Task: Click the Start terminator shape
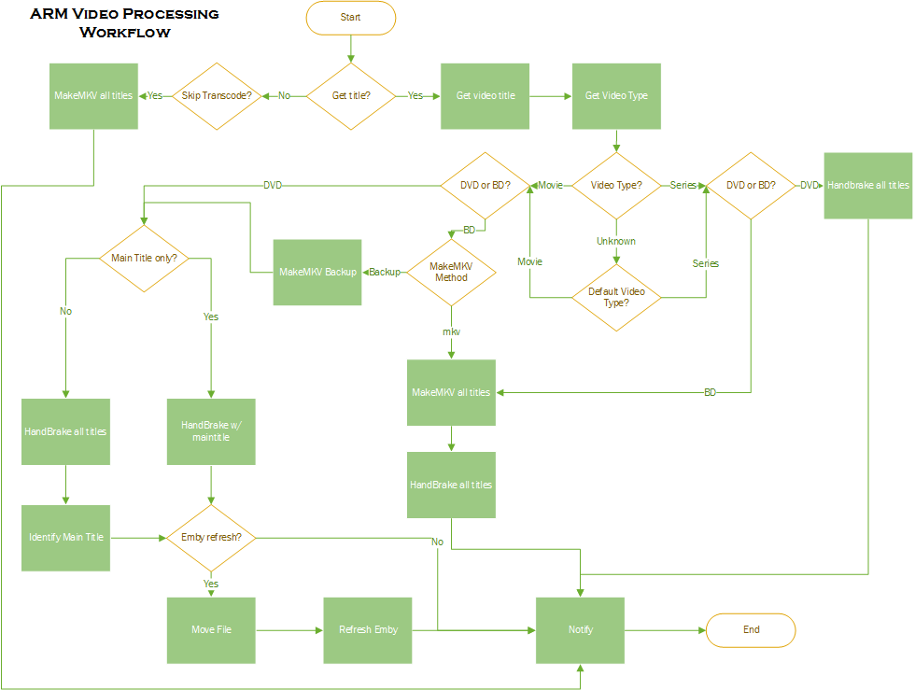350,18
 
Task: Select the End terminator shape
751,630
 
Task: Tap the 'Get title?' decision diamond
350,96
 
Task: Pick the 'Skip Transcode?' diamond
217,96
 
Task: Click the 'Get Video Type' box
616,96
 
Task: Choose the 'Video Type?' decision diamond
616,185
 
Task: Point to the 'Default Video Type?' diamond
616,297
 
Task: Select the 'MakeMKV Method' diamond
451,272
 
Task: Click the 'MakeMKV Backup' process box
317,272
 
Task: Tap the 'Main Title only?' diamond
144,258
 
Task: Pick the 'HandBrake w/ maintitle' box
211,431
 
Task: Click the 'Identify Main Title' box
66,538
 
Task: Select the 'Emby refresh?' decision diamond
211,538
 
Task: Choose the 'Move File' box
211,630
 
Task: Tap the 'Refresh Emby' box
368,630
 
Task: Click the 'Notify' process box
581,630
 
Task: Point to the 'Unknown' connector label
616,241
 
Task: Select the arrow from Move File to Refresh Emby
289,630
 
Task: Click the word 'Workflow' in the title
125,33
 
